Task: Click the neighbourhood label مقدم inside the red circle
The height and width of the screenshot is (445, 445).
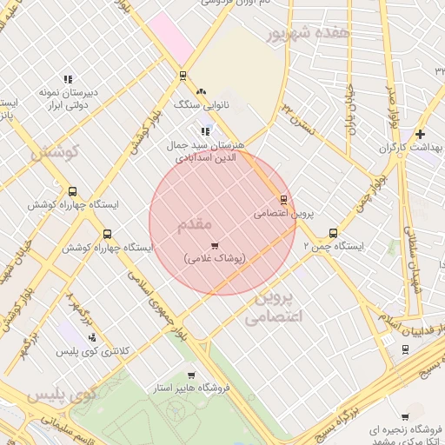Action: [195, 224]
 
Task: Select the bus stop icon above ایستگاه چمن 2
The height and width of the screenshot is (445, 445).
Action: [333, 233]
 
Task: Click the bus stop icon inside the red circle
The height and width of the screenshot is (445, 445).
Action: [283, 199]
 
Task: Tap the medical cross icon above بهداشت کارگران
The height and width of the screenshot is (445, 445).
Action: [421, 134]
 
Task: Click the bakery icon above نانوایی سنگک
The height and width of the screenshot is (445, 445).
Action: [202, 91]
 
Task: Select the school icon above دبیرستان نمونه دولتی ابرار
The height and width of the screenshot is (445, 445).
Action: [68, 79]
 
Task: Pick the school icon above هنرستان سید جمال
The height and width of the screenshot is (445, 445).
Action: [205, 131]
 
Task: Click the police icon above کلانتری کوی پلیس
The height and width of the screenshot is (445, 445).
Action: [92, 337]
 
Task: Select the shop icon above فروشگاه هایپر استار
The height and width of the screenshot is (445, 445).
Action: [190, 375]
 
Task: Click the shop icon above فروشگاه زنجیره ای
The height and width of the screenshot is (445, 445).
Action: [405, 416]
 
